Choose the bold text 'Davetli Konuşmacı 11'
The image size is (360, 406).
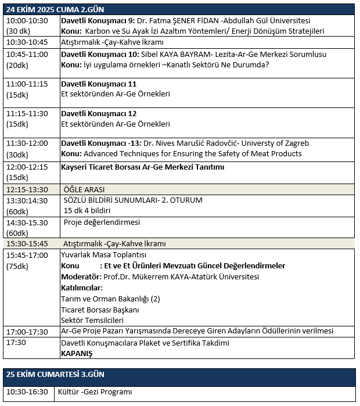coord(99,84)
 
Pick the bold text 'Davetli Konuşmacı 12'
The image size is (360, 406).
coord(99,113)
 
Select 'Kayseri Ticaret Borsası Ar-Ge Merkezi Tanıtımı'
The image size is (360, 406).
coord(142,167)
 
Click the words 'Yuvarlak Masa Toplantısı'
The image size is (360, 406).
coord(104,254)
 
